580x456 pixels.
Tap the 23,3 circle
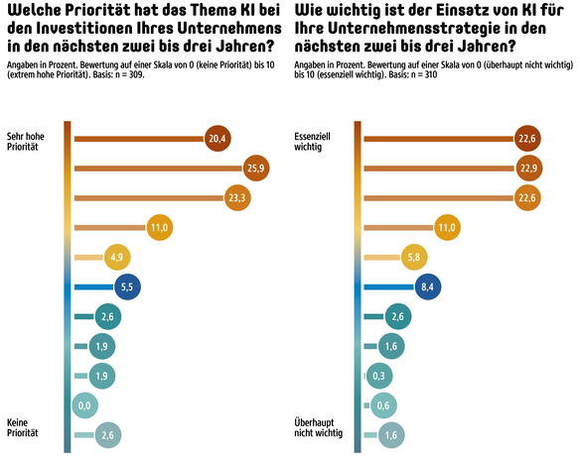tap(237, 198)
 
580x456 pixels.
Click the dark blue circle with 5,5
tap(126, 286)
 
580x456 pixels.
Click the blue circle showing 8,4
tap(429, 286)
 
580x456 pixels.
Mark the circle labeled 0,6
tap(383, 405)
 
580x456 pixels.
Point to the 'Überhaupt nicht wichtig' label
tap(319, 427)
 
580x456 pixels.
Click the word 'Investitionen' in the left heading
tap(96, 28)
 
